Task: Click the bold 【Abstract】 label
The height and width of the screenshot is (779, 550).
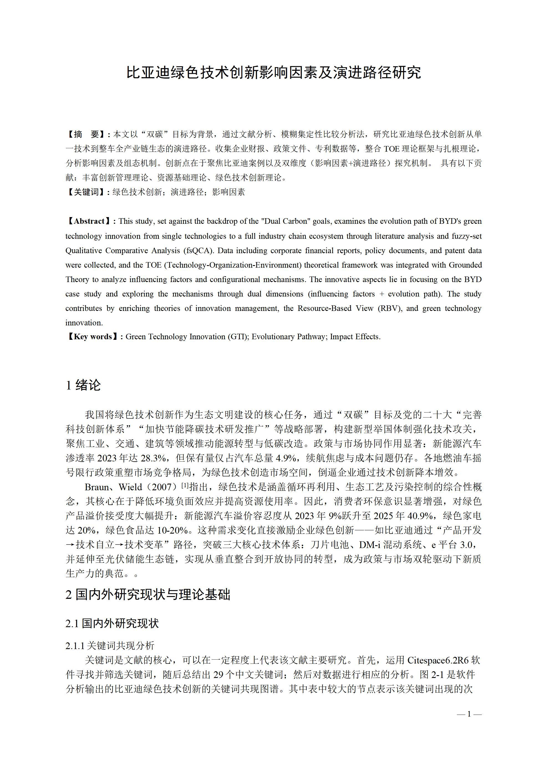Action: pyautogui.click(x=90, y=221)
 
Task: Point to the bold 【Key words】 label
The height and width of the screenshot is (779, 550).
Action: pyautogui.click(x=92, y=336)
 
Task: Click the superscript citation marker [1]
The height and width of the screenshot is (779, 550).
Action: pyautogui.click(x=185, y=485)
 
